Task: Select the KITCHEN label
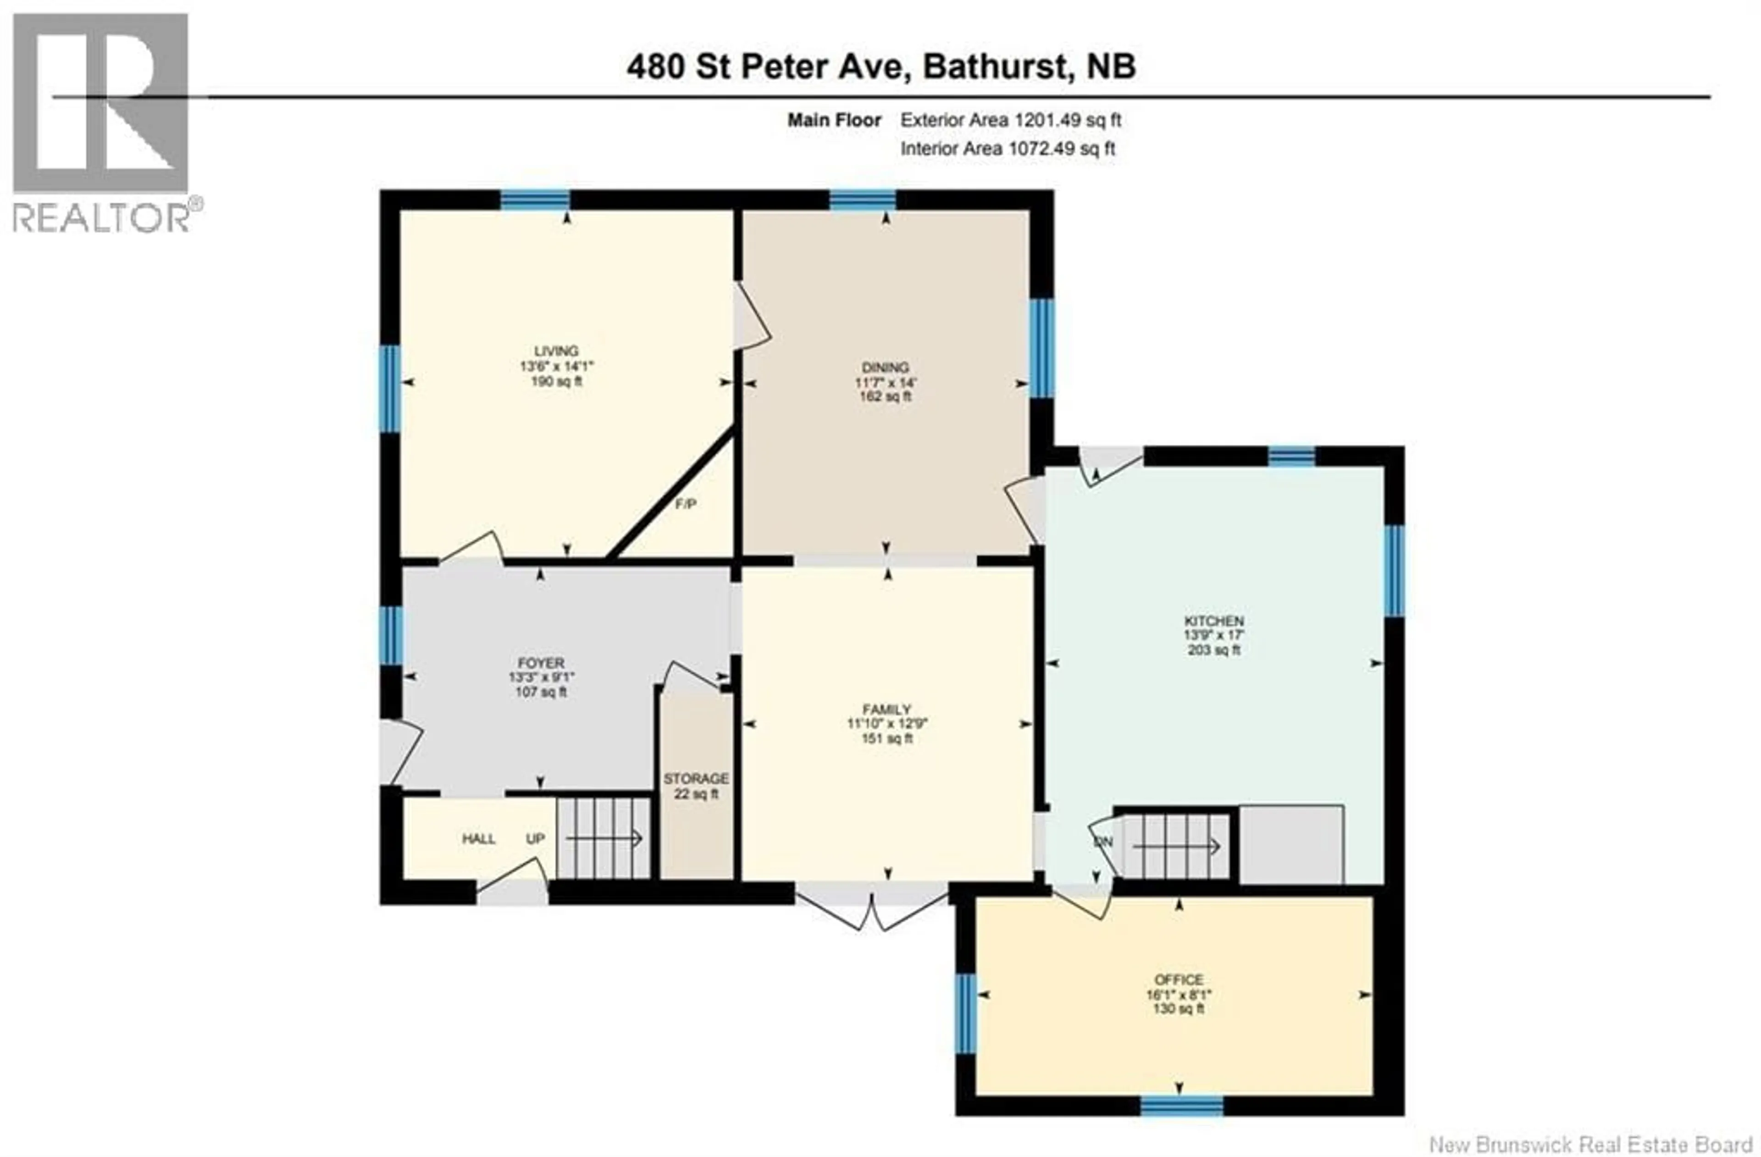(x=1214, y=621)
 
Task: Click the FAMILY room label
(x=886, y=709)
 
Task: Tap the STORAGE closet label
(x=696, y=779)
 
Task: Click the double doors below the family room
(x=872, y=907)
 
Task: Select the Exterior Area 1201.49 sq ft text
(x=1010, y=120)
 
